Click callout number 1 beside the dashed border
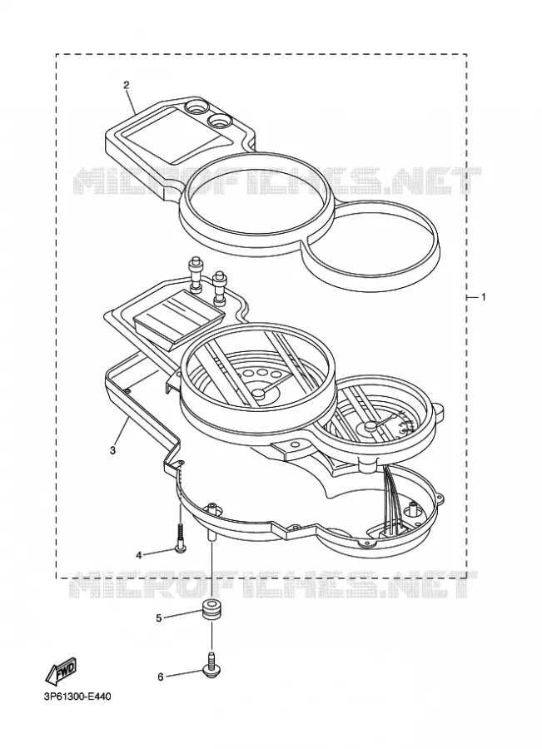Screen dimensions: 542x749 483,297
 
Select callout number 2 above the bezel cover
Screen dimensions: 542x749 127,86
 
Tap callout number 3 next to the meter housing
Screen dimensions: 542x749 112,450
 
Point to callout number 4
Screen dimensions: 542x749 138,555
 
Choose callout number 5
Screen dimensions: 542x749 159,618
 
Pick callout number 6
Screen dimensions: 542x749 161,677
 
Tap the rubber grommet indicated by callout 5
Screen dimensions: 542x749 210,611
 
